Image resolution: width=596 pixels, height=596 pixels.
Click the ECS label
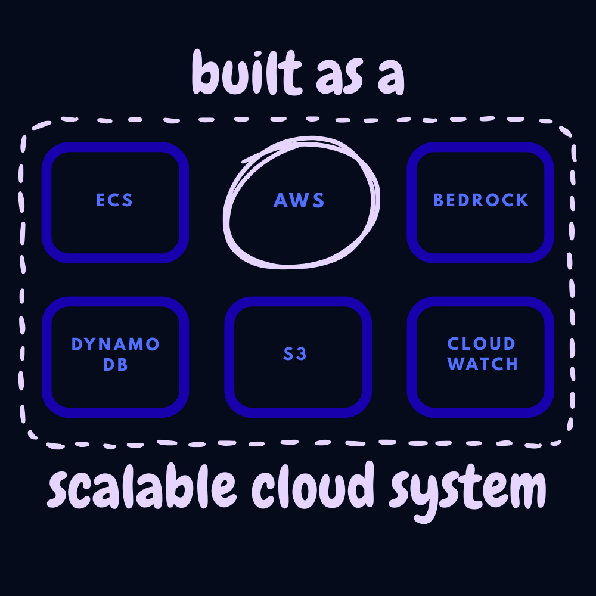(115, 200)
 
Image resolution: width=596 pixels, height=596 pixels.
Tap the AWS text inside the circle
(299, 200)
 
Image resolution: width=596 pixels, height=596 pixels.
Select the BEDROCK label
(481, 200)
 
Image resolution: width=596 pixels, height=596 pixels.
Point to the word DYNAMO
(116, 344)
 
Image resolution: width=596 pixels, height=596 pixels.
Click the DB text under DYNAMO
(116, 364)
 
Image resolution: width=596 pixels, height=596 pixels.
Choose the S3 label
(296, 354)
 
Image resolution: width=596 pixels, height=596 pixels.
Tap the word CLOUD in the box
(482, 344)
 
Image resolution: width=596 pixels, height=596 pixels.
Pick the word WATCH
(483, 364)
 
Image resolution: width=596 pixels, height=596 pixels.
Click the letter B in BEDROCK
(439, 200)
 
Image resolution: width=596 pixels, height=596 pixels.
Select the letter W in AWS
(299, 200)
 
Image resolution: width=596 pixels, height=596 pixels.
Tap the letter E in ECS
(101, 200)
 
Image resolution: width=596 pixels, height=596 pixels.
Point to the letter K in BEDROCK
(523, 200)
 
